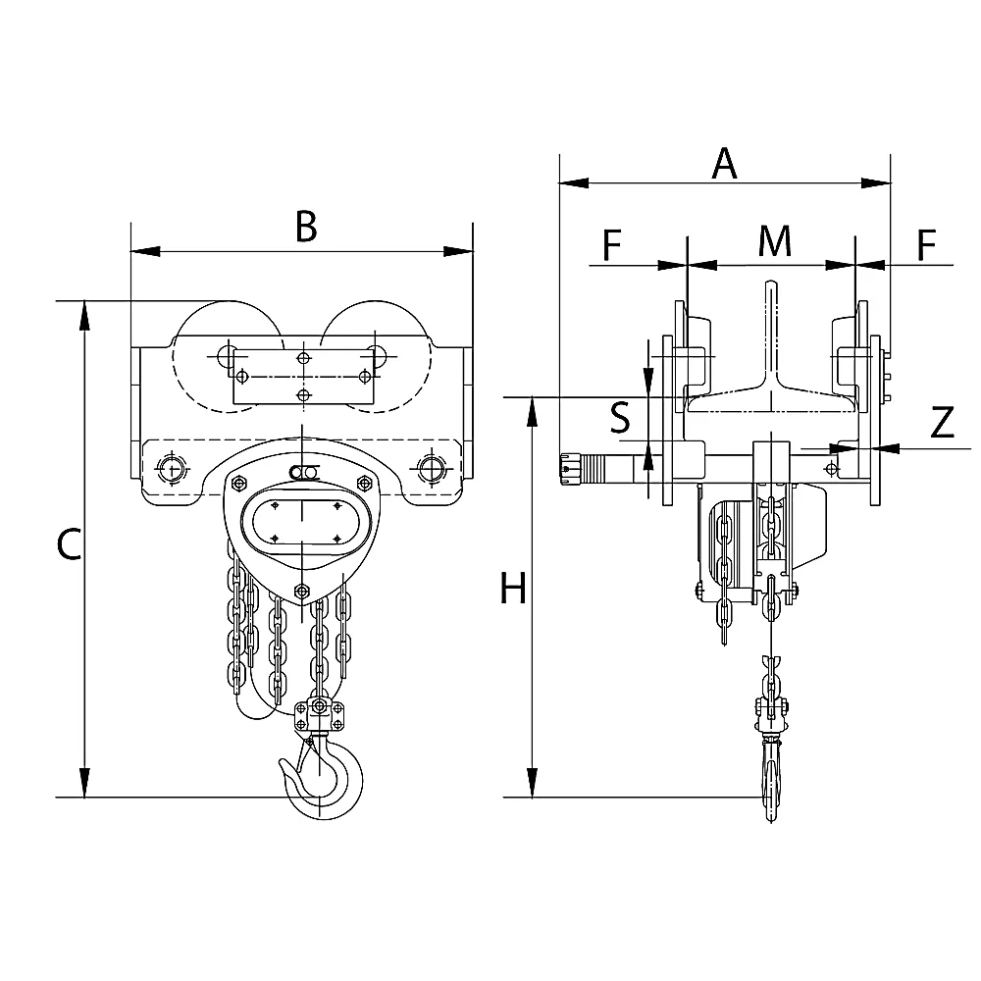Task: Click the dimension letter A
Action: click(x=725, y=163)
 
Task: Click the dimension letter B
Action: click(x=306, y=227)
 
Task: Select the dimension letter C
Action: click(x=69, y=543)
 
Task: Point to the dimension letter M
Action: click(x=775, y=241)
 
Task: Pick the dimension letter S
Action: click(x=620, y=418)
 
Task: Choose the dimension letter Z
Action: click(x=942, y=422)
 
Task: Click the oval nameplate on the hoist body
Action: click(x=303, y=522)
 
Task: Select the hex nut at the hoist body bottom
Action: click(x=302, y=590)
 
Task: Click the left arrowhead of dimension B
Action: click(x=145, y=251)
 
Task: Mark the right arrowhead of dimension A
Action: click(x=876, y=183)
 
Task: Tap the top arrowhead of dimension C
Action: click(x=83, y=315)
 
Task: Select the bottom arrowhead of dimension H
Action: click(x=532, y=783)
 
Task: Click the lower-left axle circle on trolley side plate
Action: click(x=172, y=468)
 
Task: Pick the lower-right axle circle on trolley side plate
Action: click(x=431, y=468)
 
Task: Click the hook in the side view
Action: click(x=771, y=776)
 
